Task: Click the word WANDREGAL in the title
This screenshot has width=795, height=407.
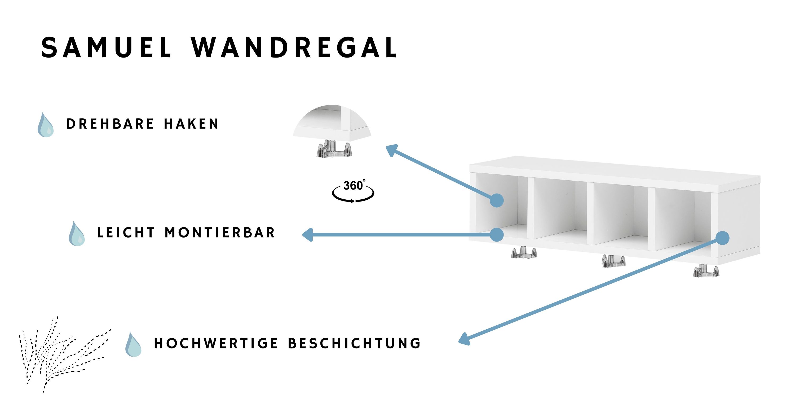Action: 294,47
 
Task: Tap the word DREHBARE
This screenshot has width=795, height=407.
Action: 110,124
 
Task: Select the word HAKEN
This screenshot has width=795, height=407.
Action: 191,124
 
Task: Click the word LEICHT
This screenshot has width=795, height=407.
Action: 126,233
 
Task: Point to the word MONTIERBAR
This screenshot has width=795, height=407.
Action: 220,233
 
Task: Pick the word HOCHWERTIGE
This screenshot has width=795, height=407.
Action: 216,343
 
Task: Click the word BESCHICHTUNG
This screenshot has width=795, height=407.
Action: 354,343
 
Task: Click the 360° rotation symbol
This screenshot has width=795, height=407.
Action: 353,191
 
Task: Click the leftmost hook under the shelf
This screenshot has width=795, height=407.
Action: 524,252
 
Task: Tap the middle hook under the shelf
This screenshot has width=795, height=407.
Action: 613,261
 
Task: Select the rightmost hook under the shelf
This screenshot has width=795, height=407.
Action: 706,270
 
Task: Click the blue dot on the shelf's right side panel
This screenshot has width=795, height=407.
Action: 722,238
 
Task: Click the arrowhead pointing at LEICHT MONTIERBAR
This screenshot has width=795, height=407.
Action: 308,235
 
